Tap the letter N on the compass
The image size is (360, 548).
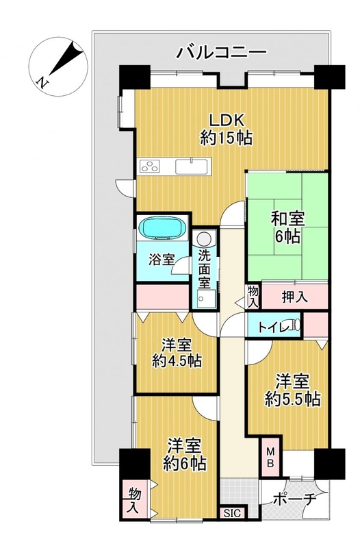pyautogui.click(x=42, y=82)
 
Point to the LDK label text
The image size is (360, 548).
pyautogui.click(x=227, y=121)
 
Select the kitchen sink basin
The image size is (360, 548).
pyautogui.click(x=192, y=166)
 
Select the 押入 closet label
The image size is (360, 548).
pyautogui.click(x=295, y=297)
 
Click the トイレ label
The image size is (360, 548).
pyautogui.click(x=273, y=327)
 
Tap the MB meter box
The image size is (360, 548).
pyautogui.click(x=271, y=457)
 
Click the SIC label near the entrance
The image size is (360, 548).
pyautogui.click(x=232, y=513)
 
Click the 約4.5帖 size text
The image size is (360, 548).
pyautogui.click(x=177, y=361)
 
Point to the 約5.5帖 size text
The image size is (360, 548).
pyautogui.click(x=293, y=399)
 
